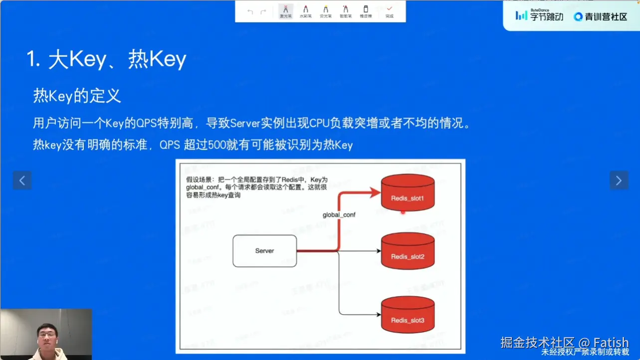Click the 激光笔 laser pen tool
tap(285, 11)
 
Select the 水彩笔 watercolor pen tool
tap(305, 11)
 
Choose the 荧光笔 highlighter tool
tap(325, 11)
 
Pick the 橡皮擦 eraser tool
tap(366, 11)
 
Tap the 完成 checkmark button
tap(389, 11)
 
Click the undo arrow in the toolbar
tap(250, 11)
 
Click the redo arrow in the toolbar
tap(263, 11)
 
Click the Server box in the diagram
tap(264, 251)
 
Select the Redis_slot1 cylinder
tap(408, 192)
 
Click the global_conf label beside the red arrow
tap(339, 215)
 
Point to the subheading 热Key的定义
tap(77, 95)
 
